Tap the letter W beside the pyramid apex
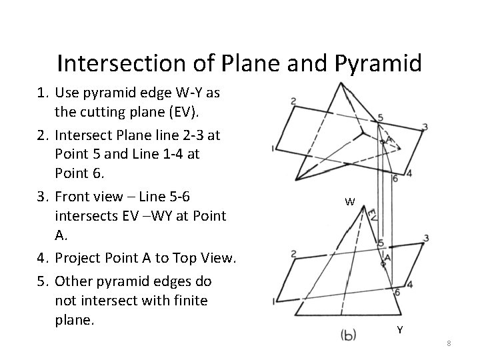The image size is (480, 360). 350,202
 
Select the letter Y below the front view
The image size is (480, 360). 400,329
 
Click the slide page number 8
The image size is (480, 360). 449,343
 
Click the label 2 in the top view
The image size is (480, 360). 294,101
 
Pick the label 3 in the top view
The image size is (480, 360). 425,127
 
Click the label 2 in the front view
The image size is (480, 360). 293,253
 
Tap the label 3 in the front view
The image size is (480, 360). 425,238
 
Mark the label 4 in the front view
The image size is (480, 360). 409,285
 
